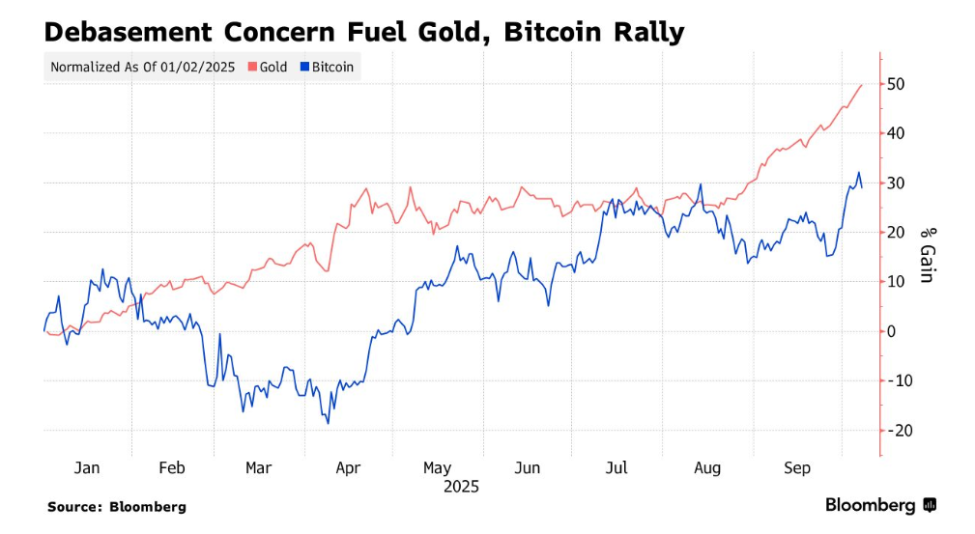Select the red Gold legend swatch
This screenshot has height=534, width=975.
[x=253, y=68]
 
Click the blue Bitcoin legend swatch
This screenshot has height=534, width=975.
[x=304, y=68]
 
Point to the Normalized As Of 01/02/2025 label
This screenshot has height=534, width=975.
[x=142, y=68]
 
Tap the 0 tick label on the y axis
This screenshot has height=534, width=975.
[x=892, y=331]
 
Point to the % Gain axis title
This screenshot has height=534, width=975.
[x=926, y=254]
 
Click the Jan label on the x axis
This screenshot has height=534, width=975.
[x=87, y=468]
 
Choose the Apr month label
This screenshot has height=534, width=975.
[x=347, y=468]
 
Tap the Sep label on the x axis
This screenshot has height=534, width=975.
[x=796, y=468]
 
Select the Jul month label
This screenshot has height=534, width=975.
[x=616, y=468]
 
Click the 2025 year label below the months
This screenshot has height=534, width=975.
[x=461, y=487]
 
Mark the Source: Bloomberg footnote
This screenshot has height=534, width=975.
[x=117, y=506]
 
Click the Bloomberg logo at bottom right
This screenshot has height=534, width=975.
[x=879, y=505]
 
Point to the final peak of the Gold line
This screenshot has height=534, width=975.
[x=862, y=85]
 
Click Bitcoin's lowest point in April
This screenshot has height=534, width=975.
[x=329, y=423]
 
